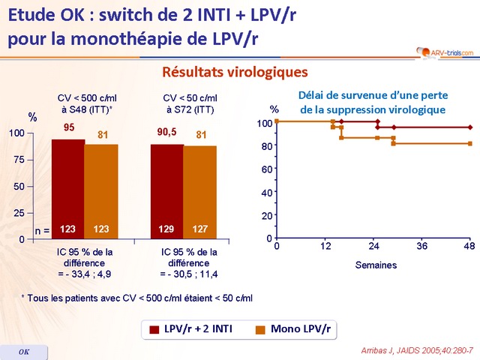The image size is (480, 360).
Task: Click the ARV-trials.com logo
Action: [x=445, y=52]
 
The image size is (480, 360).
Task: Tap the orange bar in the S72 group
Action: [x=201, y=191]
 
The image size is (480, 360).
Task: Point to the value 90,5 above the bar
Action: [x=167, y=130]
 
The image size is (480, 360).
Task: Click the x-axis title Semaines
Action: [x=376, y=265]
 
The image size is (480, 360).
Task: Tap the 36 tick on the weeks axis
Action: [x=421, y=246]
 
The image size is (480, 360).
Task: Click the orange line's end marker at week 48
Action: [x=469, y=143]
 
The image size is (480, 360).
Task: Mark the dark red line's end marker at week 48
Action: [x=469, y=127]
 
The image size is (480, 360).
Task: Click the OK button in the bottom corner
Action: [x=23, y=352]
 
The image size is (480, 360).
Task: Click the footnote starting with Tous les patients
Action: [x=137, y=298]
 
